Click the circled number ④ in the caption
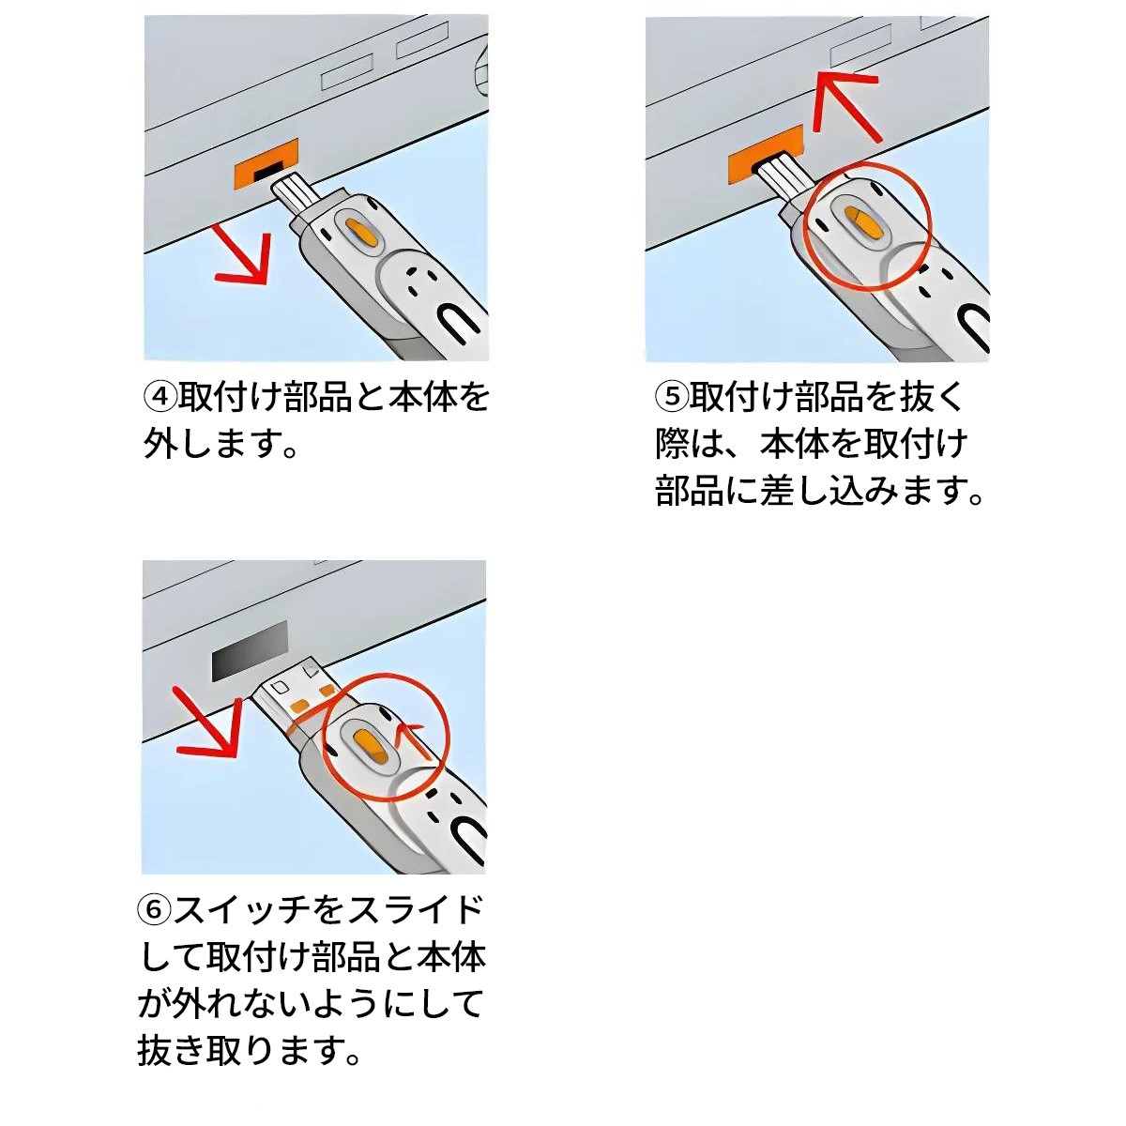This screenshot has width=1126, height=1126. (160, 397)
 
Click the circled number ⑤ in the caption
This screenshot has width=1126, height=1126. (672, 397)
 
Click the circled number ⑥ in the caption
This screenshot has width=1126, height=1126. (155, 909)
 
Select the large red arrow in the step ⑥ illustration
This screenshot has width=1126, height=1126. (207, 723)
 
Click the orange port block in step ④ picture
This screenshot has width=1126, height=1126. (266, 162)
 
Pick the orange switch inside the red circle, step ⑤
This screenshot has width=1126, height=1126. (863, 222)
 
